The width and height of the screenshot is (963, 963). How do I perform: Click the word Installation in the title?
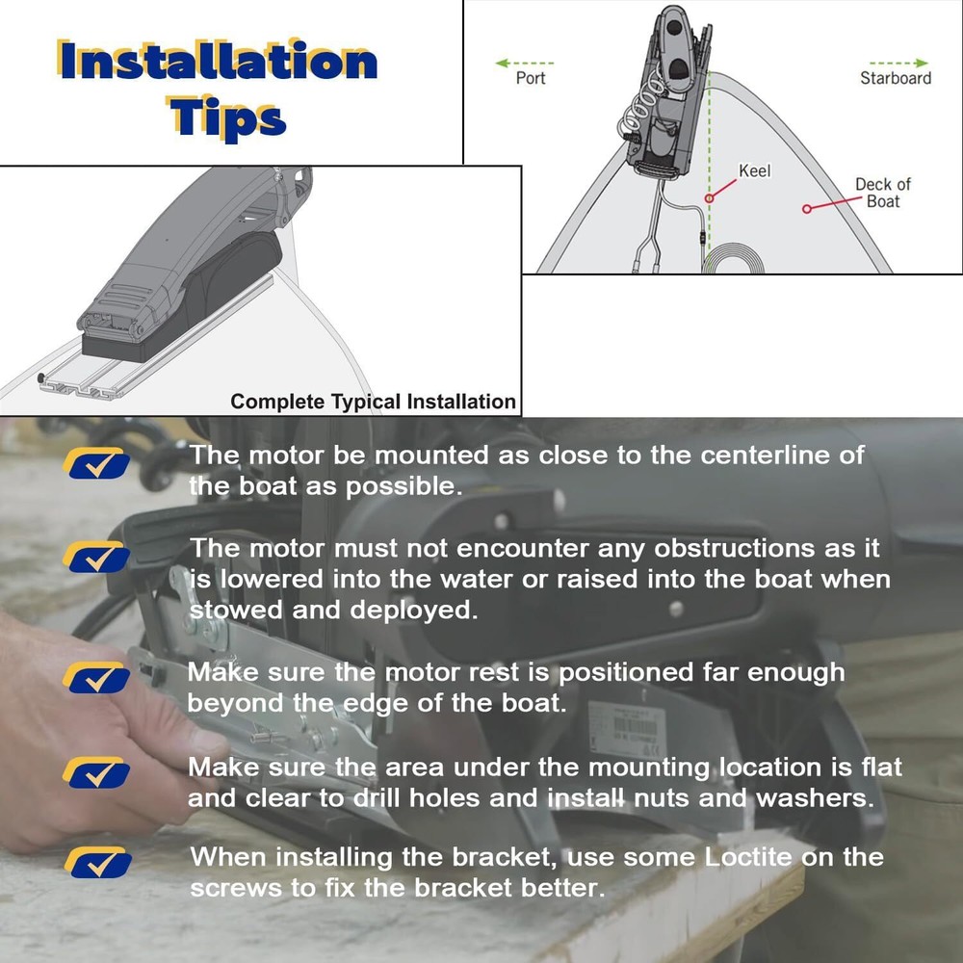(x=217, y=62)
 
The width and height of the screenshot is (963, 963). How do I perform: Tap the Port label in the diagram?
(x=531, y=78)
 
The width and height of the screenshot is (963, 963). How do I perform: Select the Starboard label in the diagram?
(x=895, y=78)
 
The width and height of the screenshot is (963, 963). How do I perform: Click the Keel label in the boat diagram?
(x=755, y=171)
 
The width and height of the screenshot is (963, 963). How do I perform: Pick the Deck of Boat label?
(x=882, y=193)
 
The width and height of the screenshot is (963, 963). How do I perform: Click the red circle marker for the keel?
(x=710, y=199)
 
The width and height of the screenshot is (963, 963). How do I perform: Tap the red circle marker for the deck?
(x=807, y=207)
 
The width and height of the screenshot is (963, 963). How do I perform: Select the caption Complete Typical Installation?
(x=374, y=402)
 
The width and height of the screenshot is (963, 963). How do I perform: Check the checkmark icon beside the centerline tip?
(x=95, y=463)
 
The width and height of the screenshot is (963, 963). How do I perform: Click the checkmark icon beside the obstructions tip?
(x=95, y=558)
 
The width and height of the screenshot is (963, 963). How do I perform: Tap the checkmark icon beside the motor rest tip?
(x=95, y=678)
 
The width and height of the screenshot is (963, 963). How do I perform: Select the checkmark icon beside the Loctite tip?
(x=95, y=862)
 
